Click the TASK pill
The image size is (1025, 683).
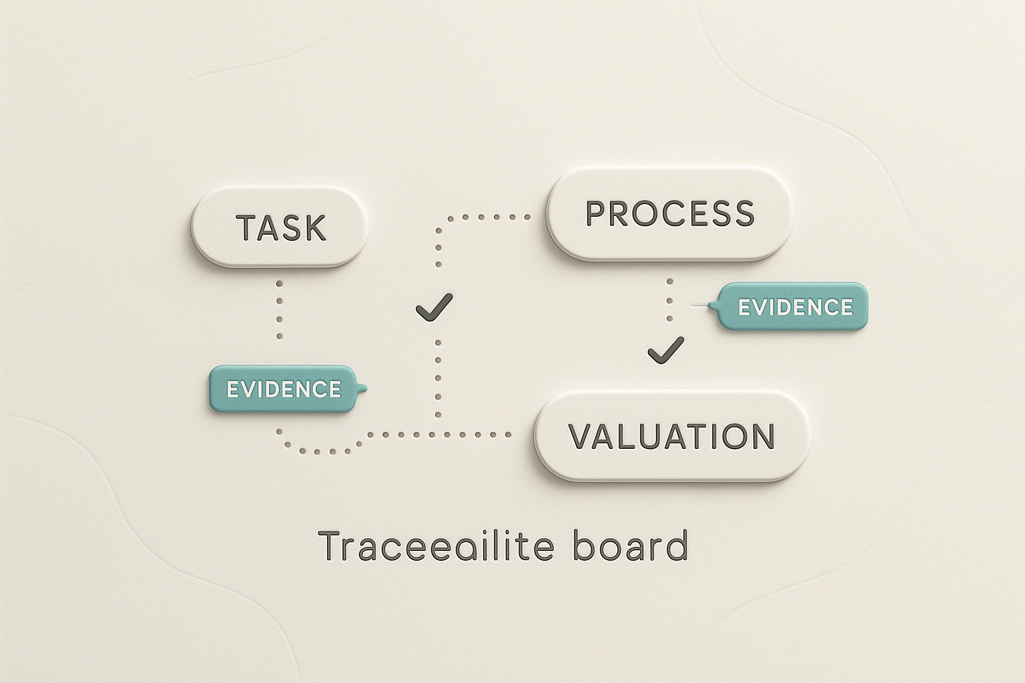(x=280, y=227)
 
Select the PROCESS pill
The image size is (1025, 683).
(x=669, y=213)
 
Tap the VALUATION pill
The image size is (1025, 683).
(x=671, y=436)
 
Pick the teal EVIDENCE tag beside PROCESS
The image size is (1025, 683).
(x=795, y=307)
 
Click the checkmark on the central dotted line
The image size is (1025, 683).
(x=434, y=307)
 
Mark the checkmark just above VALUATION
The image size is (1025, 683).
(x=666, y=350)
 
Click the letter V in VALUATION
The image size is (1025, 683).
(x=581, y=436)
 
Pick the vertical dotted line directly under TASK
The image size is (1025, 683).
(x=280, y=309)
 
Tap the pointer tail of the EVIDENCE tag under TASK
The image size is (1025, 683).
(x=362, y=388)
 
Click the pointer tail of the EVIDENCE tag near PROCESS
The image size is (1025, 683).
(x=711, y=307)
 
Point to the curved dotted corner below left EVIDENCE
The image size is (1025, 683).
(x=294, y=447)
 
